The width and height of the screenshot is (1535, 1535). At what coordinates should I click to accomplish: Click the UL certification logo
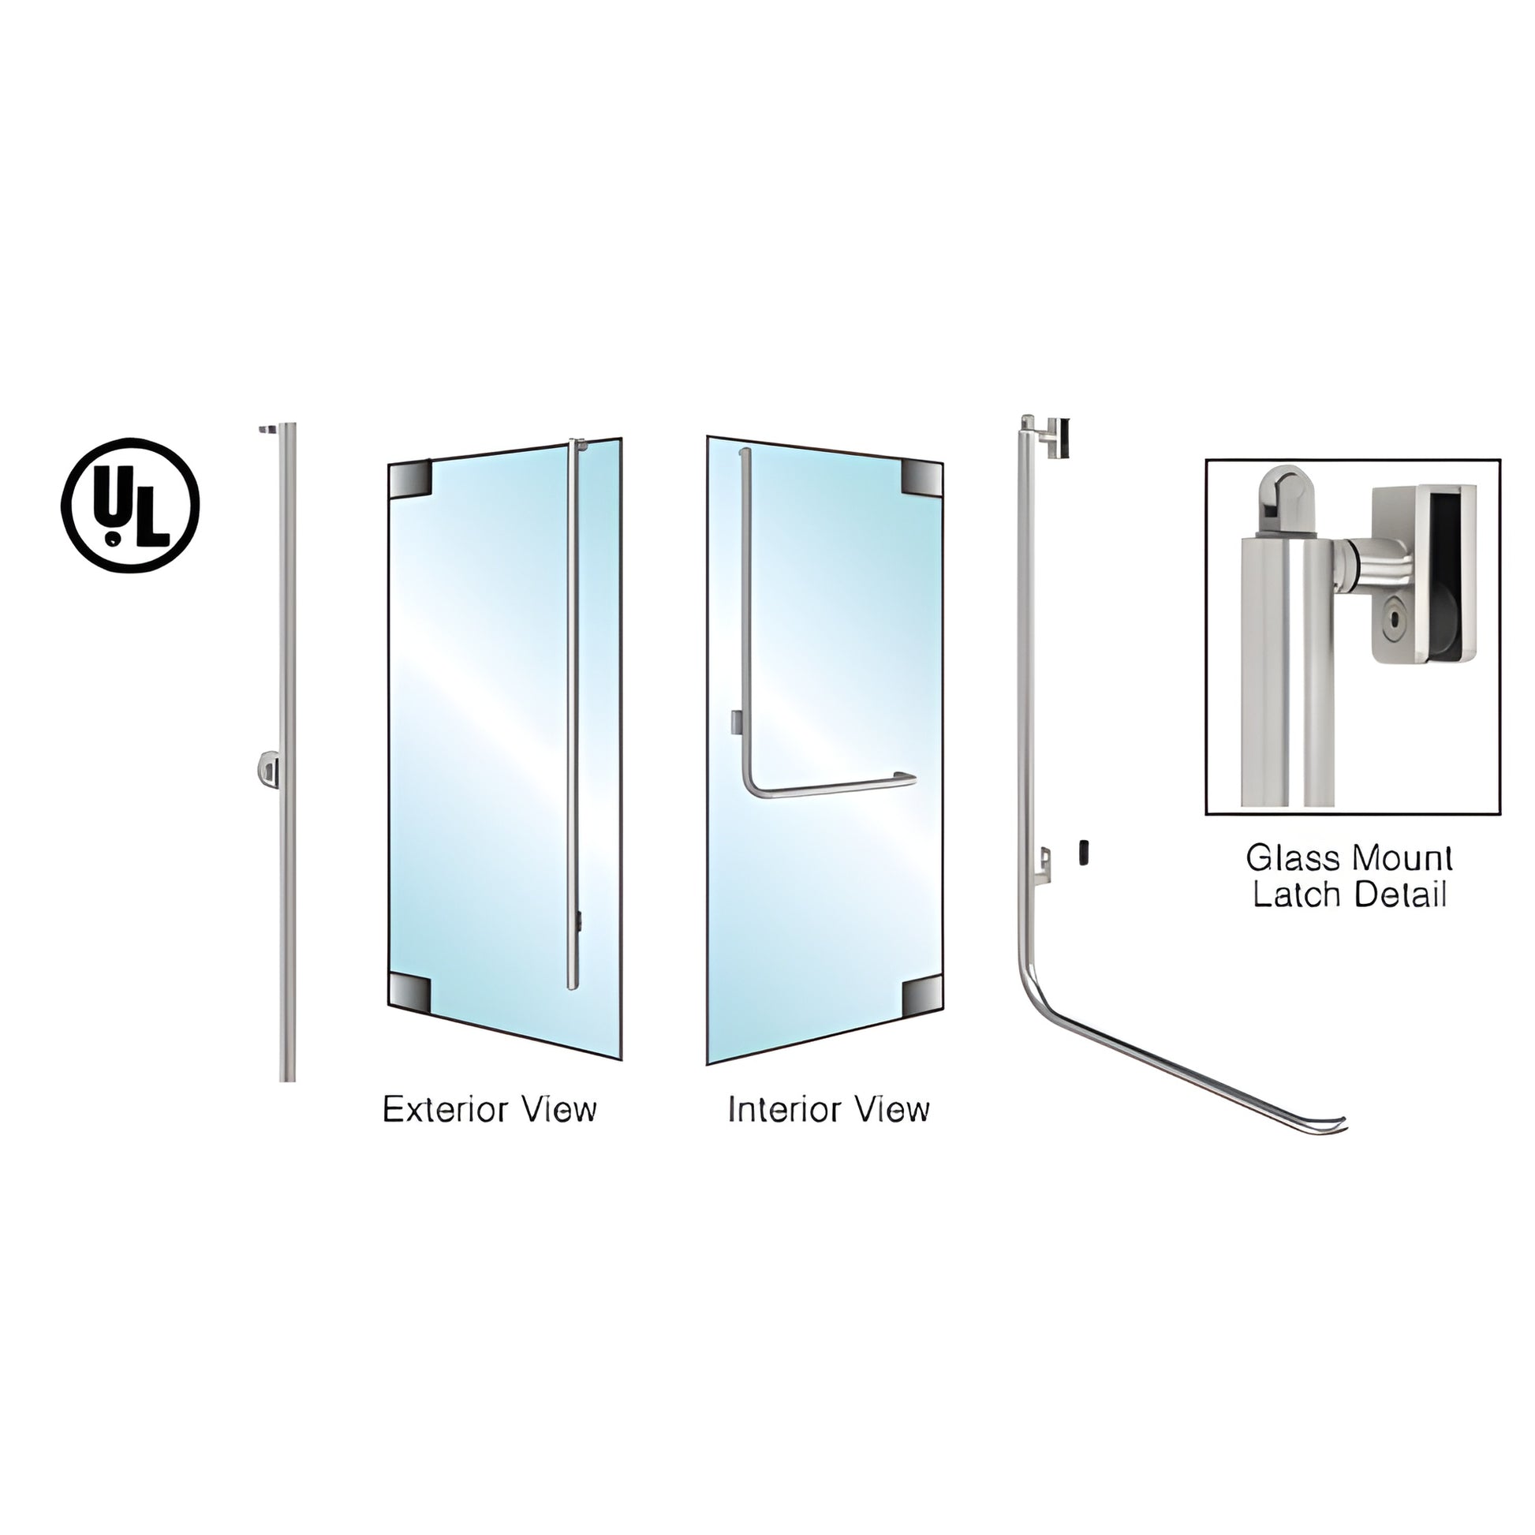coord(130,505)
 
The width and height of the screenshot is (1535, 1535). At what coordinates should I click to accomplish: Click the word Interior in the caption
coord(779,1109)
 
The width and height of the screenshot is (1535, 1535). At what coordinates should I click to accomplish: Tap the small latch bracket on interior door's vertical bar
coord(736,721)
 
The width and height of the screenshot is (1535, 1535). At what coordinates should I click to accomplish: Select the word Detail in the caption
coord(1400,894)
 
